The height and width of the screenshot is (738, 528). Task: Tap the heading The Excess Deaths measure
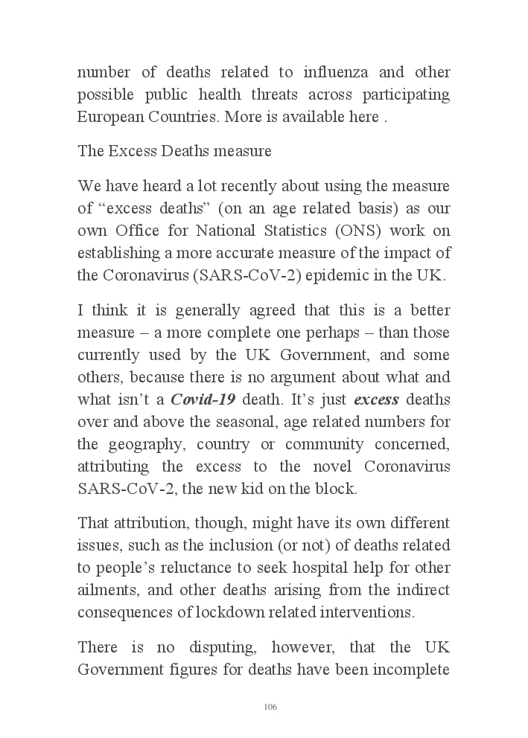click(174, 151)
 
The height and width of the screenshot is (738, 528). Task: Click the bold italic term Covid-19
click(203, 400)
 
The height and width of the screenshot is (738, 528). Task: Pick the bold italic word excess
click(376, 400)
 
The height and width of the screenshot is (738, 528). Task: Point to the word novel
click(330, 466)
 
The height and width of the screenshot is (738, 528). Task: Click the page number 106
click(270, 707)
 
